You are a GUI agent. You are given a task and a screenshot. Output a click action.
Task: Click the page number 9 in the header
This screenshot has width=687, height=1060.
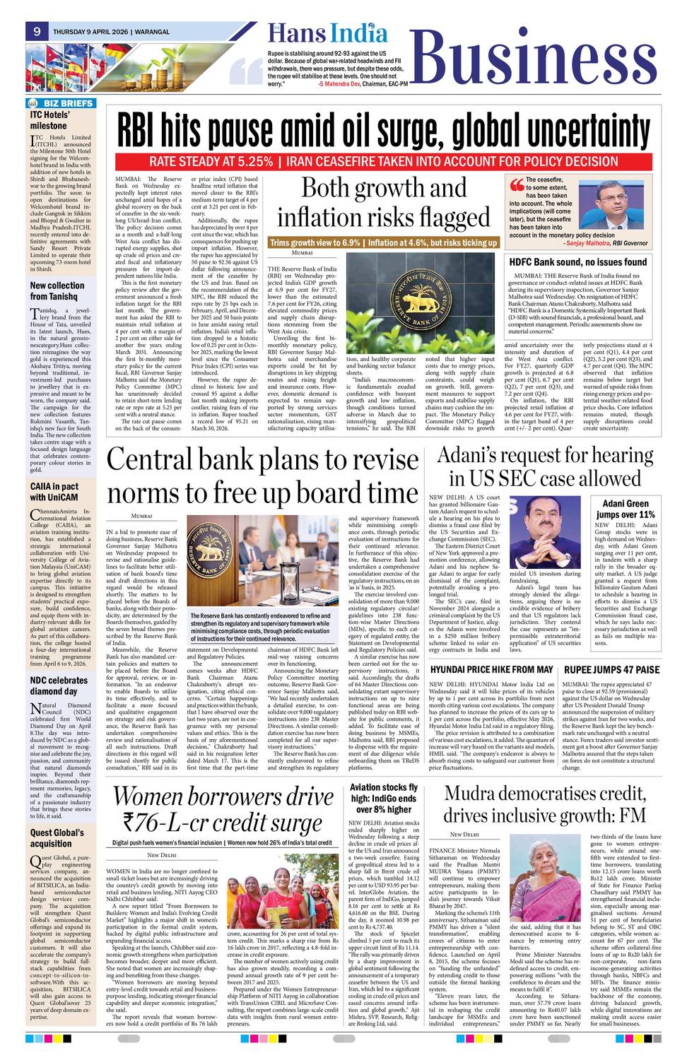[36, 31]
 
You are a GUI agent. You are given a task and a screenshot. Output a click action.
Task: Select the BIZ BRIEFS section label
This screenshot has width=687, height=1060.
[62, 103]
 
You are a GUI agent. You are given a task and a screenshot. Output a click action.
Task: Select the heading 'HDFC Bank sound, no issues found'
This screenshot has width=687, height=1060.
[578, 261]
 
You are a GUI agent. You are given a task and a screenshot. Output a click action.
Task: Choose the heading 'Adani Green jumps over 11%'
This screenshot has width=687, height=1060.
[626, 509]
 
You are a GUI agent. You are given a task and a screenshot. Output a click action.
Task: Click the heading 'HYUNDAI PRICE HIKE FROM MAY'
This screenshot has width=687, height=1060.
[491, 669]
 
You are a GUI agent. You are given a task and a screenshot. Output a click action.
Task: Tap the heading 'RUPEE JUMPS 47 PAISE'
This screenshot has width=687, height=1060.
[611, 669]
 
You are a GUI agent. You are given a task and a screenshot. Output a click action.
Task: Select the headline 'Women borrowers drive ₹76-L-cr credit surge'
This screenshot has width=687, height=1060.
[223, 810]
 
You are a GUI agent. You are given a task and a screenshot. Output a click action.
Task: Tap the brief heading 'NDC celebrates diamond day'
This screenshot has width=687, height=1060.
[59, 685]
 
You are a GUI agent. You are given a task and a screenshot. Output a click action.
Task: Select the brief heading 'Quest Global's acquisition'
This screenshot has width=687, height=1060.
[57, 838]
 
